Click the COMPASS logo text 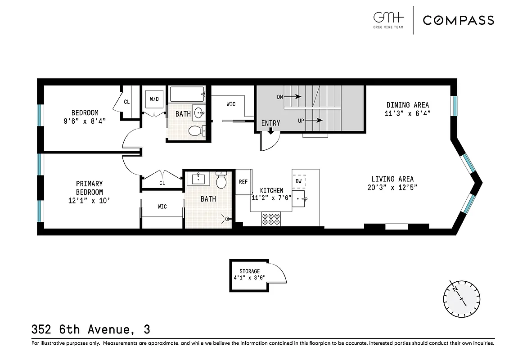pyautogui.click(x=458, y=20)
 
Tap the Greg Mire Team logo pyautogui.click(x=389, y=20)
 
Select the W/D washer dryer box pyautogui.click(x=154, y=99)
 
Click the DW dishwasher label pyautogui.click(x=299, y=181)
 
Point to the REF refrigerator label pyautogui.click(x=243, y=182)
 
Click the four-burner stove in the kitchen pyautogui.click(x=270, y=219)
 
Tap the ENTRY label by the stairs pyautogui.click(x=270, y=123)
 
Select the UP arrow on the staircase pyautogui.click(x=311, y=120)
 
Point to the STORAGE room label pyautogui.click(x=249, y=271)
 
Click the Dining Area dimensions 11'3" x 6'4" pyautogui.click(x=408, y=113)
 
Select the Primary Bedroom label pyautogui.click(x=89, y=188)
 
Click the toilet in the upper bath pyautogui.click(x=195, y=131)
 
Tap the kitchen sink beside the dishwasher pyautogui.click(x=300, y=197)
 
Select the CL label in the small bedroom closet pyautogui.click(x=127, y=102)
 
